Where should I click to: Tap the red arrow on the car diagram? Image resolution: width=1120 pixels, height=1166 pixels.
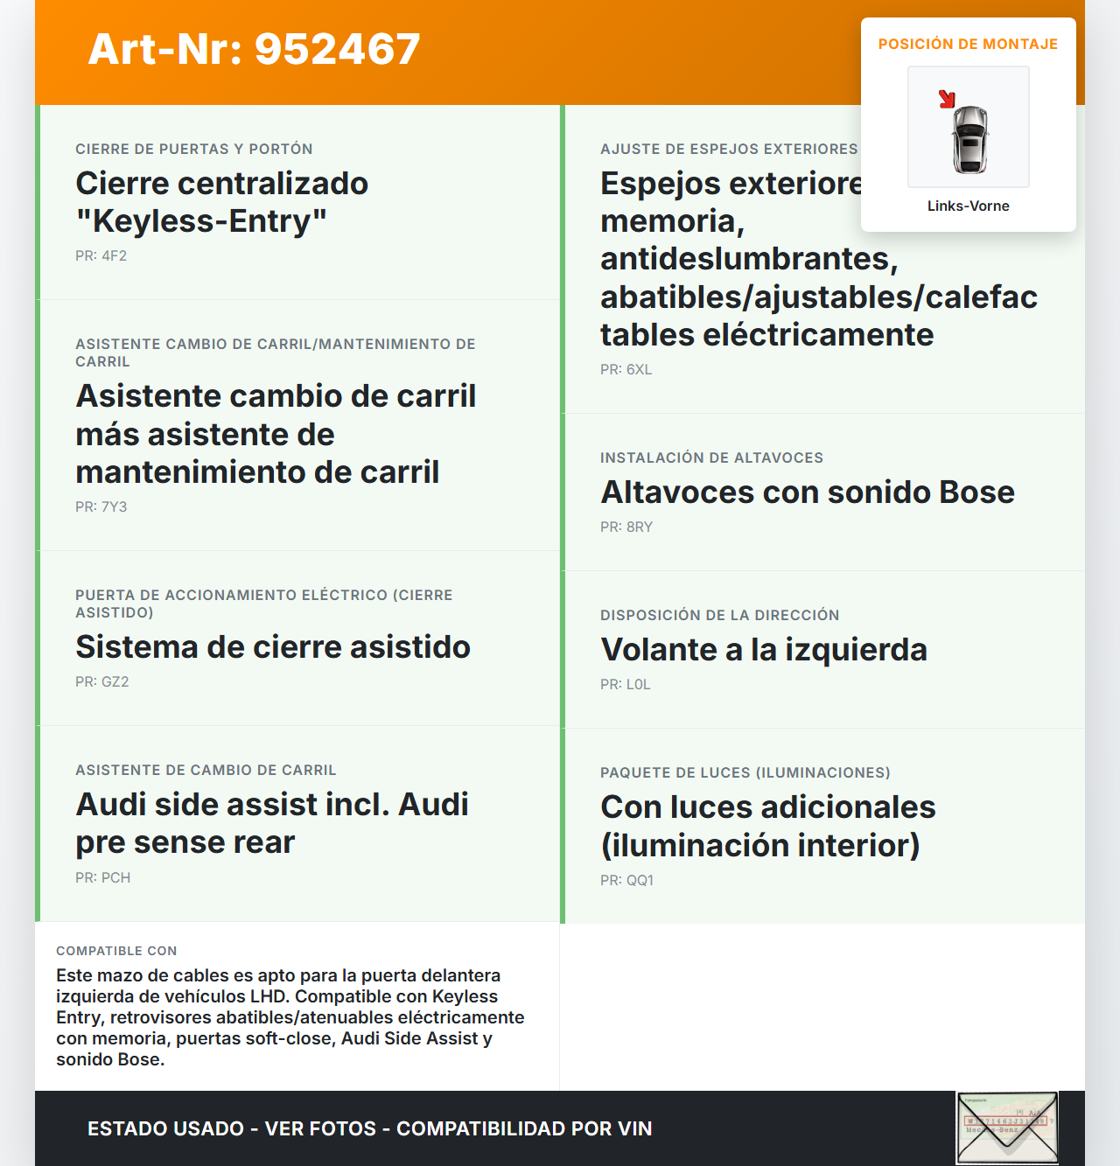click(947, 99)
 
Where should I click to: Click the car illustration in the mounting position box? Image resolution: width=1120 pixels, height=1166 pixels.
click(969, 138)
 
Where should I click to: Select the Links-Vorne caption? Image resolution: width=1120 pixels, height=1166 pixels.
click(968, 206)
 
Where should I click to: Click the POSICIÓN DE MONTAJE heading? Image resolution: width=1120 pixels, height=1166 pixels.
click(968, 44)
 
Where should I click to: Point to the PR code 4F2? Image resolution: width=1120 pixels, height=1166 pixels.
click(114, 256)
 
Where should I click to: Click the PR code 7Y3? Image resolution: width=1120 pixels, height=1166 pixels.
click(114, 507)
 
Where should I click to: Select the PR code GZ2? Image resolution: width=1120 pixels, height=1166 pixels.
click(115, 682)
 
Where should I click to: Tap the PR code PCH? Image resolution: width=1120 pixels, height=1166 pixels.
click(115, 878)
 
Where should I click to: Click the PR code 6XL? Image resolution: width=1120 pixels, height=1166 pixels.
click(639, 370)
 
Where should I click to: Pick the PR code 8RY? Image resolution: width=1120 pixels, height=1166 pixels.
click(639, 527)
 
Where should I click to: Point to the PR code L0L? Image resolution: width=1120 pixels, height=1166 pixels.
click(638, 685)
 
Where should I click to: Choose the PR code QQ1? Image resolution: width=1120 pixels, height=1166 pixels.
click(640, 881)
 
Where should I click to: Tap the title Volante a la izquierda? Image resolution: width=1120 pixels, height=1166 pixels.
click(764, 650)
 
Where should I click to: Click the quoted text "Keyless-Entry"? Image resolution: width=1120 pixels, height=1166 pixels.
click(201, 221)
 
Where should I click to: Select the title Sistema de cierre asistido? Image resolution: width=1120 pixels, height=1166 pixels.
click(273, 647)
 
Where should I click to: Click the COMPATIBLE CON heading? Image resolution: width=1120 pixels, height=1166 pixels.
click(116, 951)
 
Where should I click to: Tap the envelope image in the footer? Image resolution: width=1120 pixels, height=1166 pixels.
click(1007, 1128)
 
